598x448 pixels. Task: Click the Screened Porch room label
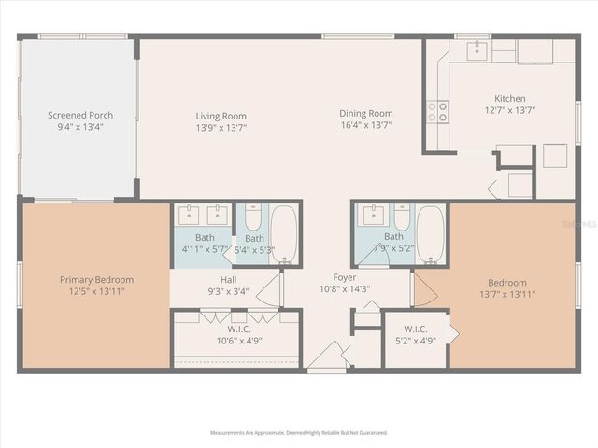click(x=80, y=116)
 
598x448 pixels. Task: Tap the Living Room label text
click(x=221, y=116)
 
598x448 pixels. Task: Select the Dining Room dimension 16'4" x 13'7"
click(x=365, y=124)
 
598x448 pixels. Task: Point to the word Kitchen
click(x=509, y=98)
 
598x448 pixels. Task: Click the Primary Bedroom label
click(x=96, y=279)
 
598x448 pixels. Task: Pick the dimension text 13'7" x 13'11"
click(x=507, y=294)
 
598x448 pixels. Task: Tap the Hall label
click(x=228, y=279)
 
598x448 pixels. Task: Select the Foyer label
click(x=345, y=277)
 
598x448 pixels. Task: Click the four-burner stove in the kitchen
click(x=437, y=112)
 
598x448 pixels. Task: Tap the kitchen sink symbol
click(x=477, y=49)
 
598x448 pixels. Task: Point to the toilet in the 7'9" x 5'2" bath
click(x=402, y=217)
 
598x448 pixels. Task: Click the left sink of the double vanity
click(x=190, y=214)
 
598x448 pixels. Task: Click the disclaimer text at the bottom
click(x=299, y=433)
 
